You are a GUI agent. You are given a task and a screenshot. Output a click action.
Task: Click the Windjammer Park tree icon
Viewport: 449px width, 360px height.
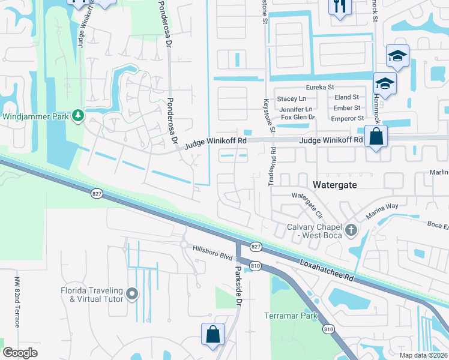pos(77,115)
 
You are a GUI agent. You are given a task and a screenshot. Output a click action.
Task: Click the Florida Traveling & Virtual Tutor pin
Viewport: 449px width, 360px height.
pos(132,295)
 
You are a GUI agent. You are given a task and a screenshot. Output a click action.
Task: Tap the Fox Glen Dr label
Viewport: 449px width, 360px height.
pos(298,117)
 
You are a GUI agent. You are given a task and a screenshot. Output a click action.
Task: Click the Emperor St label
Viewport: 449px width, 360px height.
pos(348,119)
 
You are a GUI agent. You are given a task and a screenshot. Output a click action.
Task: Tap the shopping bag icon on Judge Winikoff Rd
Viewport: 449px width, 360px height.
pos(376,136)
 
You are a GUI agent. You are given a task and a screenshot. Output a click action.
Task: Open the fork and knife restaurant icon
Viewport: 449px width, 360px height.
pos(340,6)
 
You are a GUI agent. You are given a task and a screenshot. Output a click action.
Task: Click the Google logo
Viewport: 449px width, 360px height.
pos(20,353)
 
